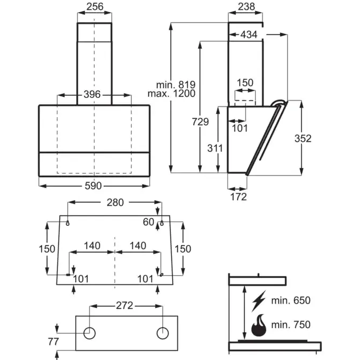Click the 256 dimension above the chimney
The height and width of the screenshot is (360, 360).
(x=95, y=7)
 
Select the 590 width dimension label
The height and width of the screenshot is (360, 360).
(x=93, y=186)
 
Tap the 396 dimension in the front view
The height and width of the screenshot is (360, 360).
(x=92, y=94)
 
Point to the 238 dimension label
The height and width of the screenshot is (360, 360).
(x=247, y=7)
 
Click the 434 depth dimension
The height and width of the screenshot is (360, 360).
(x=249, y=35)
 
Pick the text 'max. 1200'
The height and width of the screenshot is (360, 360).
(x=171, y=94)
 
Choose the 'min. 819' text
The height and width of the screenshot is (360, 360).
(x=176, y=85)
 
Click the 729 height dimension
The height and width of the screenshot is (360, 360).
(x=200, y=121)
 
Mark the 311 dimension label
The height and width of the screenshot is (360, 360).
(x=215, y=149)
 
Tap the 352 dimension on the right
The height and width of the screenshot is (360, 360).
(x=303, y=138)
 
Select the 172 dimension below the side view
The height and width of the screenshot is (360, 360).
(x=239, y=197)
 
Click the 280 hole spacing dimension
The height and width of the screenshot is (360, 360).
(x=115, y=202)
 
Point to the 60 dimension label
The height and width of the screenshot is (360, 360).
(x=149, y=222)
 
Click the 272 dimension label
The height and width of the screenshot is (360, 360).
(x=125, y=306)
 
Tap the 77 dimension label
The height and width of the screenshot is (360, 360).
(x=53, y=342)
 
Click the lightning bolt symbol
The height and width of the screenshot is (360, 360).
(x=259, y=301)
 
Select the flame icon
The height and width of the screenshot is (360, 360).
(x=259, y=325)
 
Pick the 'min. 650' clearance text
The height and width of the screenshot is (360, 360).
(x=291, y=300)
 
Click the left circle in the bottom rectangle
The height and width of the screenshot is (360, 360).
(x=89, y=333)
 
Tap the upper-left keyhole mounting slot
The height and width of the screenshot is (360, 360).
(x=68, y=223)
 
